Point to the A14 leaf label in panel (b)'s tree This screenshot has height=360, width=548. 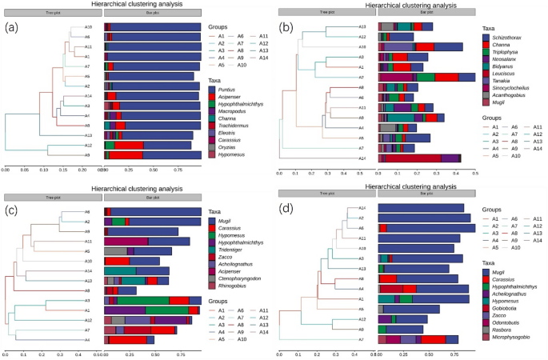pos(362,158)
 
